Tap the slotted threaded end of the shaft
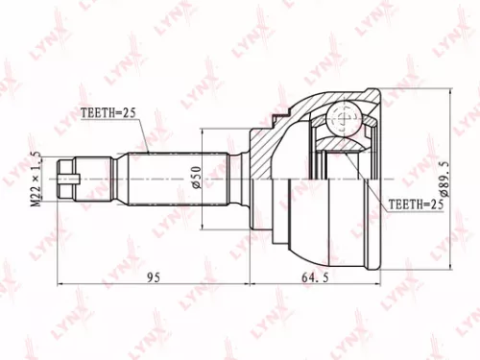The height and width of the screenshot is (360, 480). coord(67,178)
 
